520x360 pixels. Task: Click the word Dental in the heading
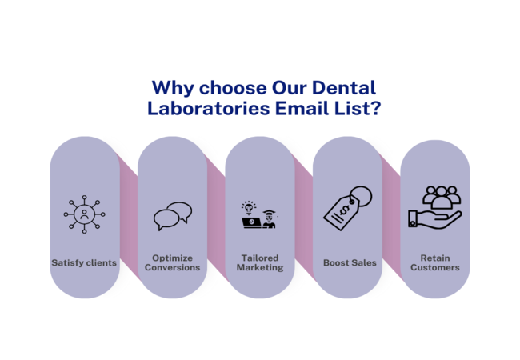[x=341, y=87]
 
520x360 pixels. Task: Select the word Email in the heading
[x=293, y=108]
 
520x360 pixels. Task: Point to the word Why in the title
[x=170, y=87]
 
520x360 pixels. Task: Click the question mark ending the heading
[x=374, y=108]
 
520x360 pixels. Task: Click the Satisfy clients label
[x=84, y=262]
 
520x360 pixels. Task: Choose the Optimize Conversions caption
[x=172, y=262]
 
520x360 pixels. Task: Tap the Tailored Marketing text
[x=260, y=262]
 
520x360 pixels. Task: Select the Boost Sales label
[x=350, y=262]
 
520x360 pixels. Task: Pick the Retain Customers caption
[x=435, y=262]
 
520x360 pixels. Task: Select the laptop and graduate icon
[x=259, y=214]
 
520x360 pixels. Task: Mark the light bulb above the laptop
[x=249, y=206]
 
